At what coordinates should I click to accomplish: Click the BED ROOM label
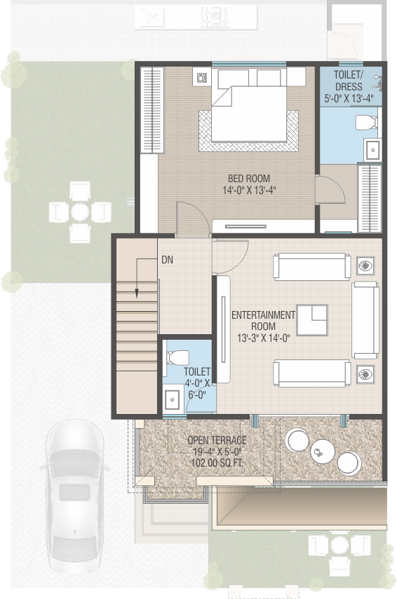[x=248, y=179]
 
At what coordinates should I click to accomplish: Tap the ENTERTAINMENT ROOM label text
[x=263, y=320]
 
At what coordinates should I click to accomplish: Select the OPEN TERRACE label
[x=217, y=440]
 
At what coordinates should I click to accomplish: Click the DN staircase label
[x=167, y=260]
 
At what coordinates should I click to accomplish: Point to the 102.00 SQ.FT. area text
[x=217, y=463]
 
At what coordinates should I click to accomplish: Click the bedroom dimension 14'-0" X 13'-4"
[x=250, y=190]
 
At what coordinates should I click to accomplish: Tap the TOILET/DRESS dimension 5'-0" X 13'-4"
[x=349, y=99]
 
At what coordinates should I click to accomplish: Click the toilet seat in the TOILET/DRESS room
[x=366, y=123]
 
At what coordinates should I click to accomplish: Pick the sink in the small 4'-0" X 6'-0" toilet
[x=172, y=400]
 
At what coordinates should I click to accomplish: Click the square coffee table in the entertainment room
[x=312, y=320]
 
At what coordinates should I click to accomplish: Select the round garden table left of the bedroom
[x=80, y=212]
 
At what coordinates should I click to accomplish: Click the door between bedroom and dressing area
[x=330, y=189]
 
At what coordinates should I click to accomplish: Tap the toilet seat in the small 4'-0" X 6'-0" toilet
[x=178, y=357]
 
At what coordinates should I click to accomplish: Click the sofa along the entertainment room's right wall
[x=365, y=320]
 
